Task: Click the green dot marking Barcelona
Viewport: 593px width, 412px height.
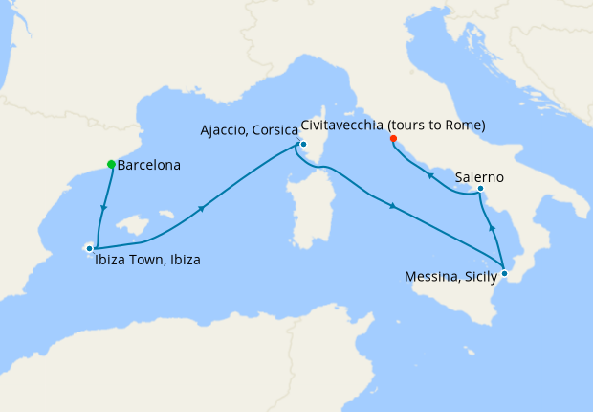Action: (111, 164)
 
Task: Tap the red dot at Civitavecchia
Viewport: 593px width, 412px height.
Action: (392, 138)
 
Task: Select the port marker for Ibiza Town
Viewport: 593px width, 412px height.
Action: (89, 248)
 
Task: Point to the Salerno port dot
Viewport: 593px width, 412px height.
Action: (480, 189)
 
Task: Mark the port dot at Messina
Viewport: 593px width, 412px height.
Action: (504, 273)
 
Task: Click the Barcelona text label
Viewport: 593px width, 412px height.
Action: (150, 165)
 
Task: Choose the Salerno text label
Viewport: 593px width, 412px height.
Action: (480, 177)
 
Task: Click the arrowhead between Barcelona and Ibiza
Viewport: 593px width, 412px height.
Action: (103, 209)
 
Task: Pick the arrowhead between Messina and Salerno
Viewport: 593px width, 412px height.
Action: (492, 229)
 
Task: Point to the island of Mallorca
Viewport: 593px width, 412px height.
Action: (134, 227)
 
